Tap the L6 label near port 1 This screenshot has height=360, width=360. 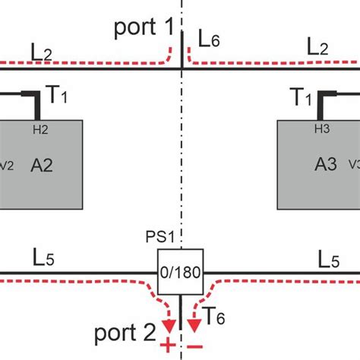point(208,38)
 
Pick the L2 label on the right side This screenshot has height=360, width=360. point(318,46)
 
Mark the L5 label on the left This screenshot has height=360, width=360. point(43,258)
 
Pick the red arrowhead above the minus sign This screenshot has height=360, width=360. point(195,326)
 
